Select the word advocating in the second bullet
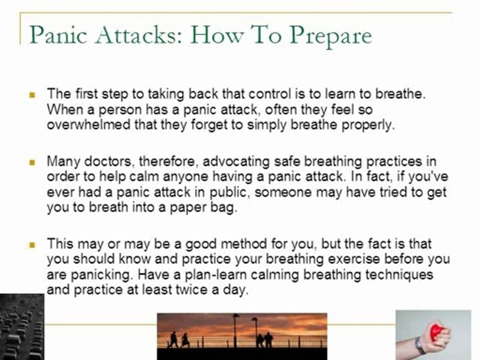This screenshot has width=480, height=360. [x=233, y=161]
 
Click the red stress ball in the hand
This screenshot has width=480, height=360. [x=438, y=331]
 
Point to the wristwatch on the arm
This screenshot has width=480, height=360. [x=419, y=344]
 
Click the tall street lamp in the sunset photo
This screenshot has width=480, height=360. [x=235, y=330]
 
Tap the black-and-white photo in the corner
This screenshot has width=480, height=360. [x=21, y=327]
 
